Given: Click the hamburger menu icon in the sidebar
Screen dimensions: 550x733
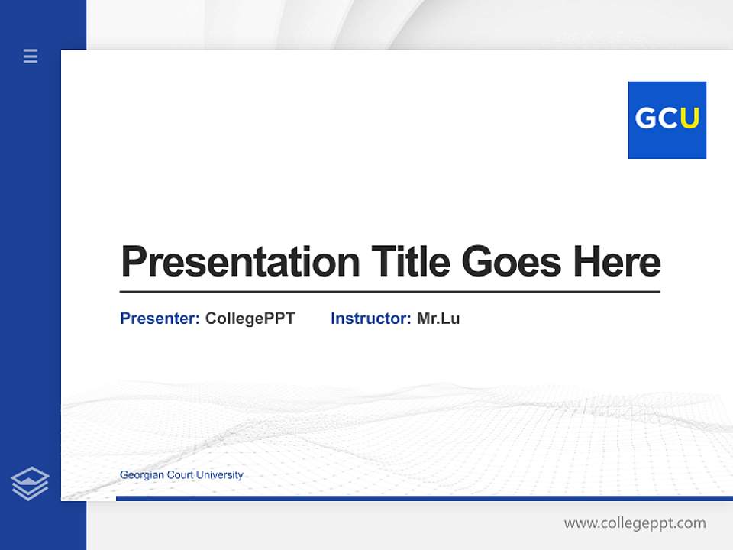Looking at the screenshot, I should [x=31, y=56].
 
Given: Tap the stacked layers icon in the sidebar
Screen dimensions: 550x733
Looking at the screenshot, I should [x=30, y=484].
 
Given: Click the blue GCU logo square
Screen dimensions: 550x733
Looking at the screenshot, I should [x=667, y=120].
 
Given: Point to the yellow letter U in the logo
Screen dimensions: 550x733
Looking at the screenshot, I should [x=689, y=118].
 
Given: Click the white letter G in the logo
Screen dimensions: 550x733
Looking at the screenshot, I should [x=645, y=118].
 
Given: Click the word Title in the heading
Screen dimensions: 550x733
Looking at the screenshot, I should [x=411, y=262].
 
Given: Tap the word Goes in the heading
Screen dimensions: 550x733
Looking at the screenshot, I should [x=512, y=262].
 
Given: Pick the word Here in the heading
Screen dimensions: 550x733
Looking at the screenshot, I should [x=616, y=262].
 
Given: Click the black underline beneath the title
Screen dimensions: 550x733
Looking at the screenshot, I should [x=389, y=291].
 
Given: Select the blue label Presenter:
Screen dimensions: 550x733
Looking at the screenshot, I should [x=160, y=319].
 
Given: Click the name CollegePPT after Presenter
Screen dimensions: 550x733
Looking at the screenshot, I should [x=250, y=319].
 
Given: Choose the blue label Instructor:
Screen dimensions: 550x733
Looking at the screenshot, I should [x=370, y=319].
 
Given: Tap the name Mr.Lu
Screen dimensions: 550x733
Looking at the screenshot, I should [x=438, y=319].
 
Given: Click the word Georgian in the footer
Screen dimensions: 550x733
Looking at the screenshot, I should [x=141, y=475].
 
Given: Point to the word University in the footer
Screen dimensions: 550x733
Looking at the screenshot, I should [x=219, y=475].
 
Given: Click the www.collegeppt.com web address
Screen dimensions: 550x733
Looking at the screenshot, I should [x=635, y=523].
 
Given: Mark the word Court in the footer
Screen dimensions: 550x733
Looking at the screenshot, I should [x=179, y=475].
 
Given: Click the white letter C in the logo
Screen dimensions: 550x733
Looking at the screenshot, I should [x=667, y=118].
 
